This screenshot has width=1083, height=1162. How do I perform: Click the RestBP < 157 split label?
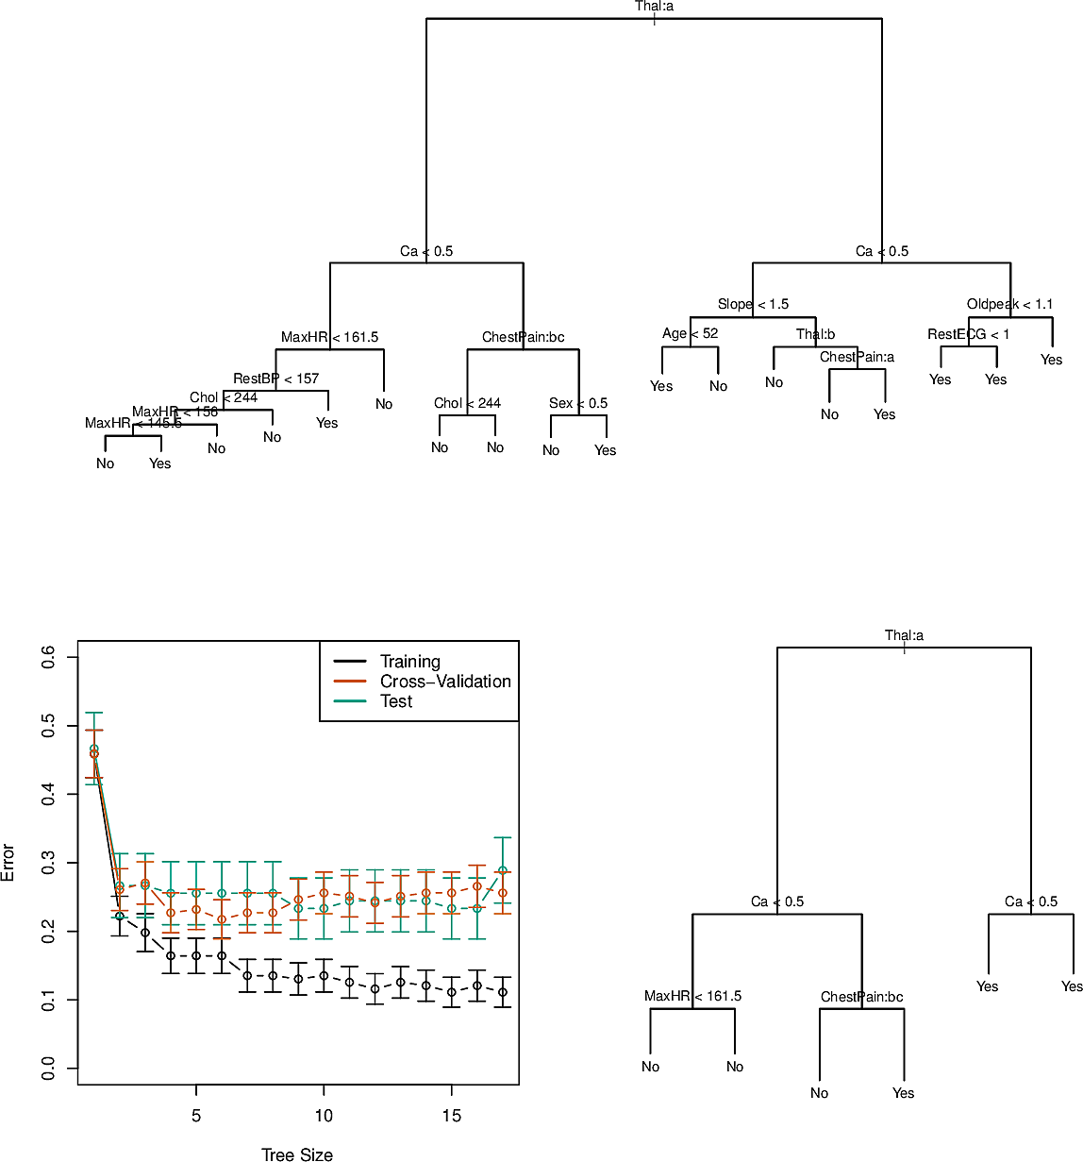276,379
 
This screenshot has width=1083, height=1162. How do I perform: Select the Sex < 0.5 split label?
578,403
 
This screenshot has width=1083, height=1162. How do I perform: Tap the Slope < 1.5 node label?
753,304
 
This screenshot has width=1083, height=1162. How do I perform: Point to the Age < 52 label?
690,333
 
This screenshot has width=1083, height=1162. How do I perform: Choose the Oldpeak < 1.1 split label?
1009,304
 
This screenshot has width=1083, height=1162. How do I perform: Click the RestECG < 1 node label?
968,334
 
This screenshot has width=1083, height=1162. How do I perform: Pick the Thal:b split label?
815,334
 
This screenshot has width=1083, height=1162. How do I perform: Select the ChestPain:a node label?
857,357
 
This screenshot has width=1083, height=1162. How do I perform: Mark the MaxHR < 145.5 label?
133,423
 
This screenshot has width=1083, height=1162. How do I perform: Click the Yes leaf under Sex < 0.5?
606,450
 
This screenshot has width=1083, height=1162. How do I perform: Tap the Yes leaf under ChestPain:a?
885,414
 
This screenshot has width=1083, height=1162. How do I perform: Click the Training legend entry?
409,662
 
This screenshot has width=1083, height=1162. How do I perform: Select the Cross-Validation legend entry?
445,682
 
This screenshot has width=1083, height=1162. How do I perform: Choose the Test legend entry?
396,701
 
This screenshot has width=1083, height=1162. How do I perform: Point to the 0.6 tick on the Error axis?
48,656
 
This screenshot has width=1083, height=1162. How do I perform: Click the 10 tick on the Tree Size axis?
324,1116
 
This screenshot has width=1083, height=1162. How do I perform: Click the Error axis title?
8,863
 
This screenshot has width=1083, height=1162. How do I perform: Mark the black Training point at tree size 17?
503,992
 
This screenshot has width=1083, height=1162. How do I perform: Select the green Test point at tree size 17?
503,870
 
